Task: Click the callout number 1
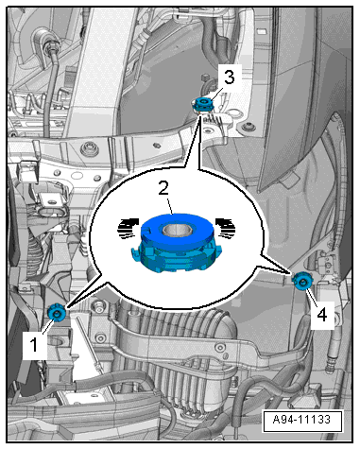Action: (x=34, y=344)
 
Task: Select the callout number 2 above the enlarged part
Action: (x=163, y=189)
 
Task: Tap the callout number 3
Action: (x=229, y=78)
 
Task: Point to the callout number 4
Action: (x=321, y=315)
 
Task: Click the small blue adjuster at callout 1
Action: (x=57, y=313)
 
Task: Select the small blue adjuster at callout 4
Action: (x=301, y=281)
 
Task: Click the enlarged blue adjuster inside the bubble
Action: (x=177, y=243)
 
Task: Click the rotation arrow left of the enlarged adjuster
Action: (x=128, y=228)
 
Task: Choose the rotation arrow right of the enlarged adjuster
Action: (x=226, y=228)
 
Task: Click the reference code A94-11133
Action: (x=301, y=420)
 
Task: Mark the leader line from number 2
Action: (x=170, y=206)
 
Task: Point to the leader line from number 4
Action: (x=311, y=296)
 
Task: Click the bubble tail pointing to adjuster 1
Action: (x=85, y=290)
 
